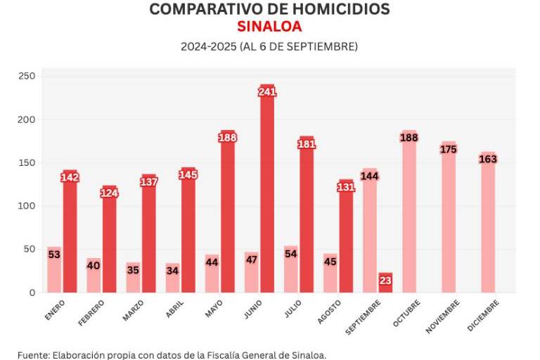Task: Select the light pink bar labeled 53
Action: point(54,270)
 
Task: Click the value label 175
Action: point(448,149)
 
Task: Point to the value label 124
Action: point(109,193)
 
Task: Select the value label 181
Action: point(307,144)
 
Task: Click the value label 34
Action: point(172,271)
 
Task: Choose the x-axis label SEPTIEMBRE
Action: point(364,317)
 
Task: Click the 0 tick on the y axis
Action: point(30,292)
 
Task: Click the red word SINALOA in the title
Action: point(269,27)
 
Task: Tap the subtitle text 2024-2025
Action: point(208,46)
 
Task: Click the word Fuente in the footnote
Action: point(32,354)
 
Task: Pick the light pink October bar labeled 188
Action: point(409,212)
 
